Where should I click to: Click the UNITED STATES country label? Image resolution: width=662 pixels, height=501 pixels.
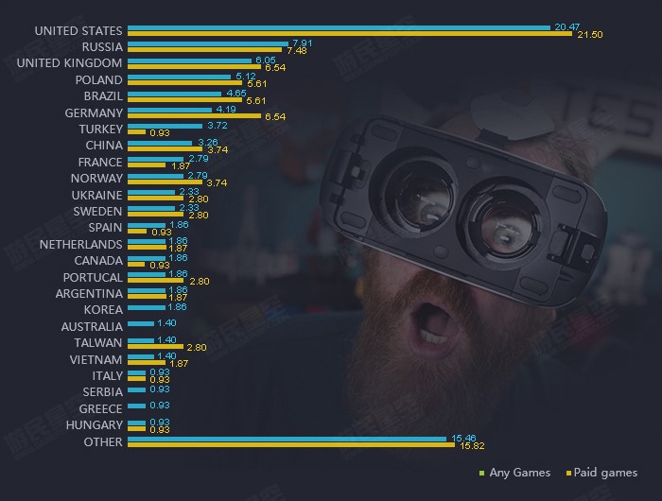click(78, 31)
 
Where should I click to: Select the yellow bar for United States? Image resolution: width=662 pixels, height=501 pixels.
click(349, 34)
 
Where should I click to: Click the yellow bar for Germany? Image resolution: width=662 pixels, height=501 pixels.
click(193, 116)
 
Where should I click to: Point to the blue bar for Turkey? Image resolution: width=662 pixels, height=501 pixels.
click(165, 125)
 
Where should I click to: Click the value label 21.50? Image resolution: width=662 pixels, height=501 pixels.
click(589, 35)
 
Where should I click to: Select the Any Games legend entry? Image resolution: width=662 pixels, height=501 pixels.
click(514, 473)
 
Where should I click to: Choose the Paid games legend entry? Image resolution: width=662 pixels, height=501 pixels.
click(601, 473)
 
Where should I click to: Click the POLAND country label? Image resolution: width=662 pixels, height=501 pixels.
click(99, 80)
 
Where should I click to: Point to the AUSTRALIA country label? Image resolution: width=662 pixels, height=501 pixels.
click(91, 327)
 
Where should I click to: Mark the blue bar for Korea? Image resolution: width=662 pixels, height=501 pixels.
click(146, 307)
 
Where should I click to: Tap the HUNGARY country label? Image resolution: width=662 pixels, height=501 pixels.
click(95, 425)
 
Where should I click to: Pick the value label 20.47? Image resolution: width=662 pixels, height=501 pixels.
click(567, 27)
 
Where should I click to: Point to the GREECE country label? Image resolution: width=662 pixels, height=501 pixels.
click(101, 409)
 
